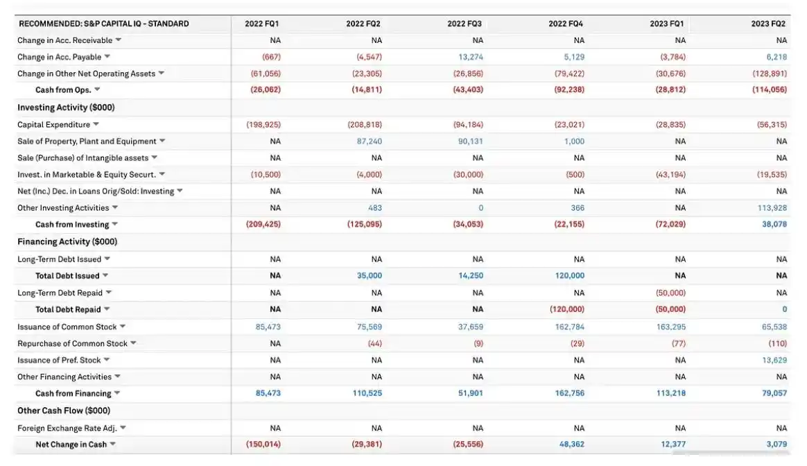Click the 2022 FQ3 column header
(465, 24)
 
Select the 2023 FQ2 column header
(768, 24)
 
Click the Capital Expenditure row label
(54, 125)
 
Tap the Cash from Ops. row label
(63, 90)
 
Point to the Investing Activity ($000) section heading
(66, 107)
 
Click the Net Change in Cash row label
(71, 445)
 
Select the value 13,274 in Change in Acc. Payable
(471, 57)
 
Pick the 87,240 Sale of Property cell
(369, 141)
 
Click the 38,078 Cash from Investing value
(774, 225)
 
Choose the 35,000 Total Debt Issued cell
(369, 276)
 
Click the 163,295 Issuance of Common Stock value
(669, 327)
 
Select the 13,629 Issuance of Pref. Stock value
(774, 360)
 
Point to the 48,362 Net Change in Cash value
(572, 445)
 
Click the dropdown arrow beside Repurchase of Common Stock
(133, 343)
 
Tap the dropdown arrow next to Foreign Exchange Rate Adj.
(123, 428)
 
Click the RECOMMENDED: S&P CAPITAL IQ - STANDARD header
(104, 24)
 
